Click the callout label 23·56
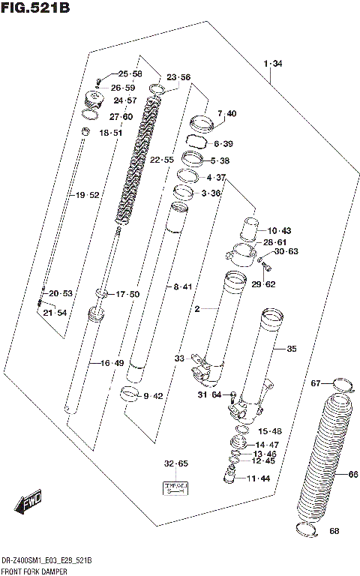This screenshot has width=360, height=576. click(178, 77)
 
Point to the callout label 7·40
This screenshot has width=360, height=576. click(226, 113)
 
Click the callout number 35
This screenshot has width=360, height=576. click(291, 348)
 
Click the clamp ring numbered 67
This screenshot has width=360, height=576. click(342, 386)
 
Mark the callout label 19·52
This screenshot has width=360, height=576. click(87, 196)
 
